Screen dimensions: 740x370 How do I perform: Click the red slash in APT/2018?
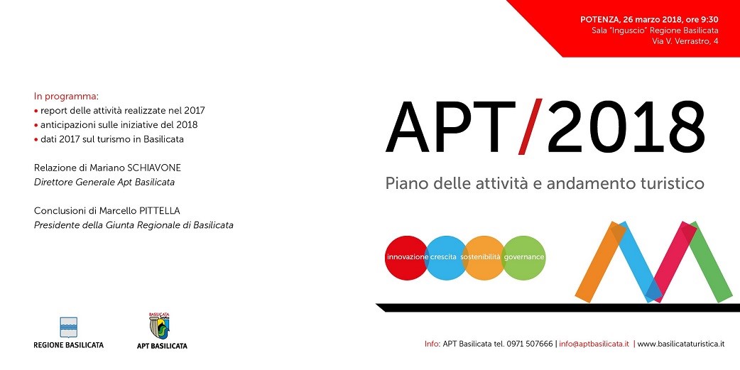click(530, 126)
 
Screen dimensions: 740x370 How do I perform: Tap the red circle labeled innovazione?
click(406, 258)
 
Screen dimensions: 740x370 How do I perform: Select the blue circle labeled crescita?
click(445, 258)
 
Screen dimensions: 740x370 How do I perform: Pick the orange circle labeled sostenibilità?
click(484, 258)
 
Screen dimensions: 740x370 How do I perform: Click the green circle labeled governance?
click(523, 258)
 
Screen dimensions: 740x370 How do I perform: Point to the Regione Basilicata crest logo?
click(68, 327)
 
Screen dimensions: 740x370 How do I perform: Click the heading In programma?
click(65, 97)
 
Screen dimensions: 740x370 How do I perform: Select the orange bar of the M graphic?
click(600, 261)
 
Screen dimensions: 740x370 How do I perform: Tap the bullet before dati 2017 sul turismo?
click(36, 140)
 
